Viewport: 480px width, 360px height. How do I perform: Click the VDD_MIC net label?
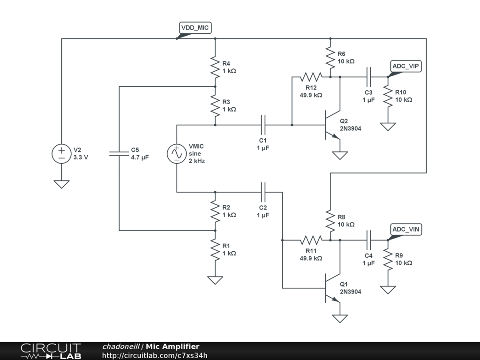tap(195, 28)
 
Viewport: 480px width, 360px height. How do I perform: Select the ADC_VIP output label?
tap(406, 67)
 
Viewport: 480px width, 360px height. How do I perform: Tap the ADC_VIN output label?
tap(406, 229)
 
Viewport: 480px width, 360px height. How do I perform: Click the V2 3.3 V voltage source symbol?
tap(61, 154)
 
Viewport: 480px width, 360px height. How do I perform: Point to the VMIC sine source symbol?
tap(177, 154)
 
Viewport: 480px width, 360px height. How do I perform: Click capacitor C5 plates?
tap(119, 154)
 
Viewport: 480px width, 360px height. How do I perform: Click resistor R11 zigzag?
tap(311, 240)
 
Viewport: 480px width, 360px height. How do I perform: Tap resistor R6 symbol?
tap(330, 58)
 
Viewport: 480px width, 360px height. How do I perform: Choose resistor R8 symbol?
tap(330, 221)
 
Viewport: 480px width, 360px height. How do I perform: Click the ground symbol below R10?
tap(388, 127)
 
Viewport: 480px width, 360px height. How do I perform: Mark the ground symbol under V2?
tap(61, 184)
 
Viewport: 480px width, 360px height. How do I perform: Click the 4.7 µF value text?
tap(140, 158)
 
